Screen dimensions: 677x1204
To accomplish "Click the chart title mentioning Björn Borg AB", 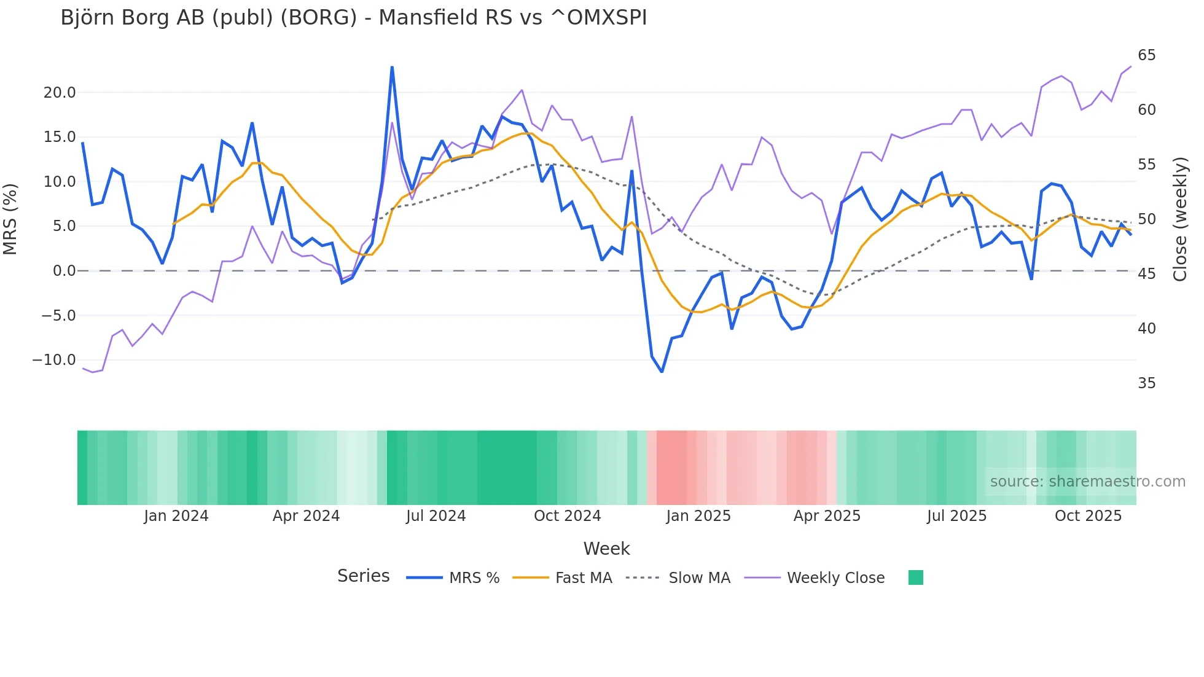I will [x=353, y=18].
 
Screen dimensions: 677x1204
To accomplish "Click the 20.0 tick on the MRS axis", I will [x=59, y=93].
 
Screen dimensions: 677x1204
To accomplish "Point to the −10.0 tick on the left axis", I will [x=54, y=360].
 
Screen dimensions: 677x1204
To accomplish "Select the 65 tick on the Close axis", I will [x=1146, y=55].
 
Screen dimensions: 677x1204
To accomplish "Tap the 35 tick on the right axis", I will [x=1146, y=383].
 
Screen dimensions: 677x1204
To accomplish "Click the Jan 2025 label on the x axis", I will [x=698, y=516].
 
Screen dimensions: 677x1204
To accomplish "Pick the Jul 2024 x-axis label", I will [x=436, y=516].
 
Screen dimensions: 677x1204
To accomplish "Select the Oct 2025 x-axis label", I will [x=1088, y=516].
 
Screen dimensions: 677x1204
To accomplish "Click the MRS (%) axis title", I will [x=10, y=219].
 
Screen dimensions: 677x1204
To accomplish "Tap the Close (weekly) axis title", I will [x=1179, y=219].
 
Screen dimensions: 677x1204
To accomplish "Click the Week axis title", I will [x=606, y=549].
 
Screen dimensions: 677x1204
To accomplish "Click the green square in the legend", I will [x=915, y=577].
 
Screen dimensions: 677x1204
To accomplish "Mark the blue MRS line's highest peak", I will [x=392, y=67].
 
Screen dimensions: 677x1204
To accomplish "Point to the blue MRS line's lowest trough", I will [x=662, y=372].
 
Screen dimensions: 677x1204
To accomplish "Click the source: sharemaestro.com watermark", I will [x=1087, y=482].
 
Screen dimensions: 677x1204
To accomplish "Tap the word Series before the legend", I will [x=363, y=576].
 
